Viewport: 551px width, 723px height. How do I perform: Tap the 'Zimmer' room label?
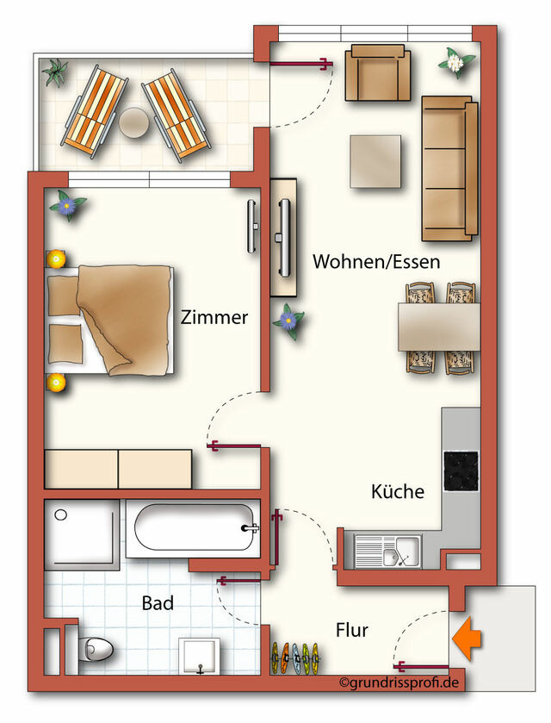pyautogui.click(x=214, y=317)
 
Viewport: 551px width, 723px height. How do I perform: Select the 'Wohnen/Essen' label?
pyautogui.click(x=376, y=261)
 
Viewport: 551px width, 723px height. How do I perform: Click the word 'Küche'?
pyautogui.click(x=398, y=492)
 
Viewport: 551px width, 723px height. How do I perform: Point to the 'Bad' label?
pyautogui.click(x=158, y=603)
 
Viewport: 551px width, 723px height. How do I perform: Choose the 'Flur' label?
pyautogui.click(x=351, y=630)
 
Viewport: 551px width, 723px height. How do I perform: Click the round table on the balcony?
pyautogui.click(x=135, y=122)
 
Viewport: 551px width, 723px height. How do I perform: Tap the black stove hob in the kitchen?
pyautogui.click(x=461, y=470)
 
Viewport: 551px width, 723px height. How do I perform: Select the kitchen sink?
pyautogui.click(x=387, y=551)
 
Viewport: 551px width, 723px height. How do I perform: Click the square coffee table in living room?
pyautogui.click(x=376, y=161)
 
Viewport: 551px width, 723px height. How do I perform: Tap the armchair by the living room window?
pyautogui.click(x=378, y=74)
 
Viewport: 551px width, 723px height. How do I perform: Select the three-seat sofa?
pyautogui.click(x=449, y=167)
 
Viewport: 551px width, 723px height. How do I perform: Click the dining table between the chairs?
pyautogui.click(x=439, y=327)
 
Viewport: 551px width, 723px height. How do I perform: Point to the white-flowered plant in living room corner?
pyautogui.click(x=456, y=62)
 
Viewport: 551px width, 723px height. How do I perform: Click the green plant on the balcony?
pyautogui.click(x=55, y=71)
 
